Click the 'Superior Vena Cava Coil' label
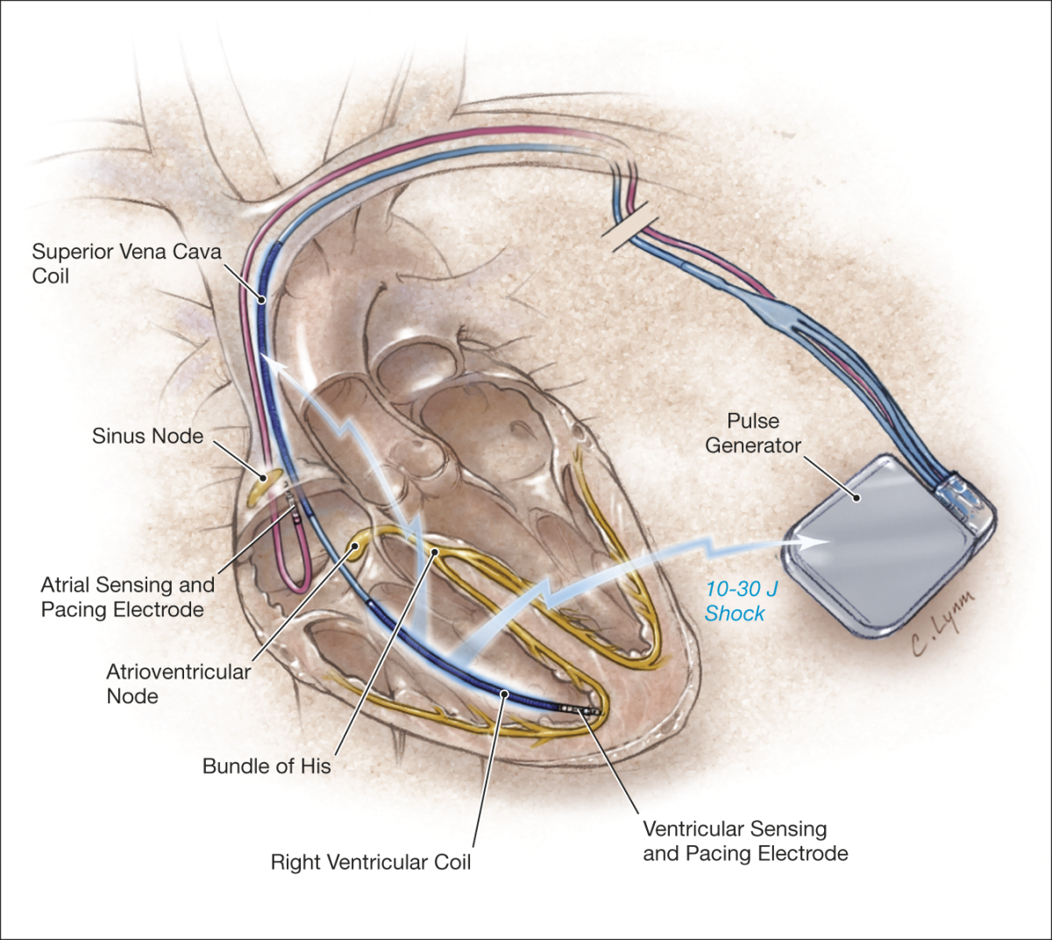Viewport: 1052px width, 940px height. (126, 264)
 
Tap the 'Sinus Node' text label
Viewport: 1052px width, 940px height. (147, 436)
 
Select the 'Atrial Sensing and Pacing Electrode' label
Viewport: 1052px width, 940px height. (127, 597)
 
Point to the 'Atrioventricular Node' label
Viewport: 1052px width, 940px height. (178, 684)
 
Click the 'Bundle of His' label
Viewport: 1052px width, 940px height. (267, 766)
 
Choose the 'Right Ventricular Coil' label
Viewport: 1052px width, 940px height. (370, 862)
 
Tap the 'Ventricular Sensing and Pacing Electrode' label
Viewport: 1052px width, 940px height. (745, 841)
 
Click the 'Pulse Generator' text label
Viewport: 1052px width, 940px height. (753, 433)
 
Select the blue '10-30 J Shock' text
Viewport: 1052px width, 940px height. (741, 602)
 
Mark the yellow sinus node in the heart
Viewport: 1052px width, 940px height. (266, 483)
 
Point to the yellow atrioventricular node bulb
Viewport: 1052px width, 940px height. (358, 548)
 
